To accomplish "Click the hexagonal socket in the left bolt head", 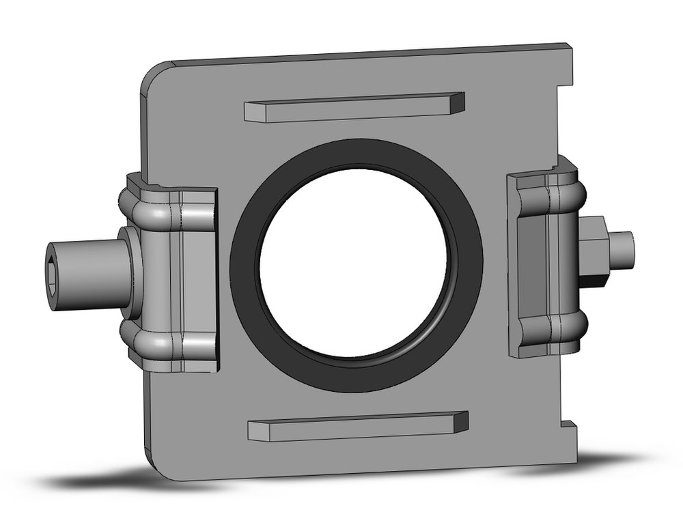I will pyautogui.click(x=56, y=266).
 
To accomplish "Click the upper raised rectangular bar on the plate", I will pyautogui.click(x=348, y=109).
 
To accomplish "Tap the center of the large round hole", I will pyautogui.click(x=354, y=263).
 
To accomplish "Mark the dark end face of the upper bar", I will pyautogui.click(x=456, y=102).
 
